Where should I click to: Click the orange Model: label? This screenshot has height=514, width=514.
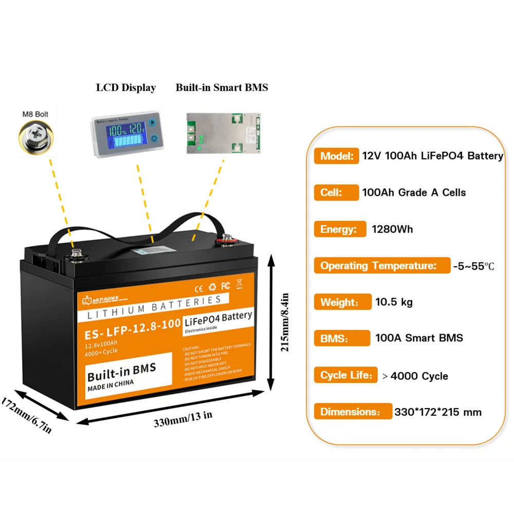pos(336,156)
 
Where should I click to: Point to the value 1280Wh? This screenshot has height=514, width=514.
pos(392,229)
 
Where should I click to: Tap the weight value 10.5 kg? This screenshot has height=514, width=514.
pos(394,302)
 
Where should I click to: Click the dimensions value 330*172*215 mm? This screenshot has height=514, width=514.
pos(438,412)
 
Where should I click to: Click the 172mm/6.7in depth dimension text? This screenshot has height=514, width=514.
pos(27,414)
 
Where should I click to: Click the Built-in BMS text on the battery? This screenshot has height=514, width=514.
pos(121,369)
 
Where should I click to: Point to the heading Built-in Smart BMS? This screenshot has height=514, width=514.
pos(222,87)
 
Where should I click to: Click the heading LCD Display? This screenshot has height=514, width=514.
pos(126,87)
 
